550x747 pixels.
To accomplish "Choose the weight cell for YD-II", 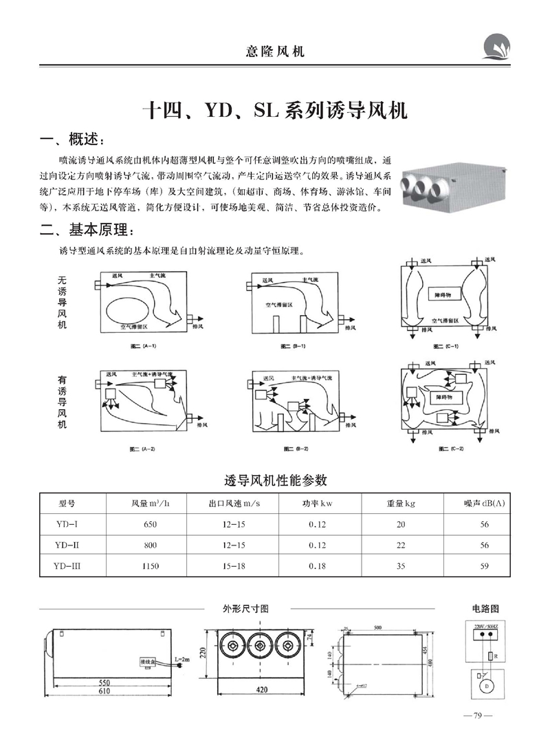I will pyautogui.click(x=401, y=545).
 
